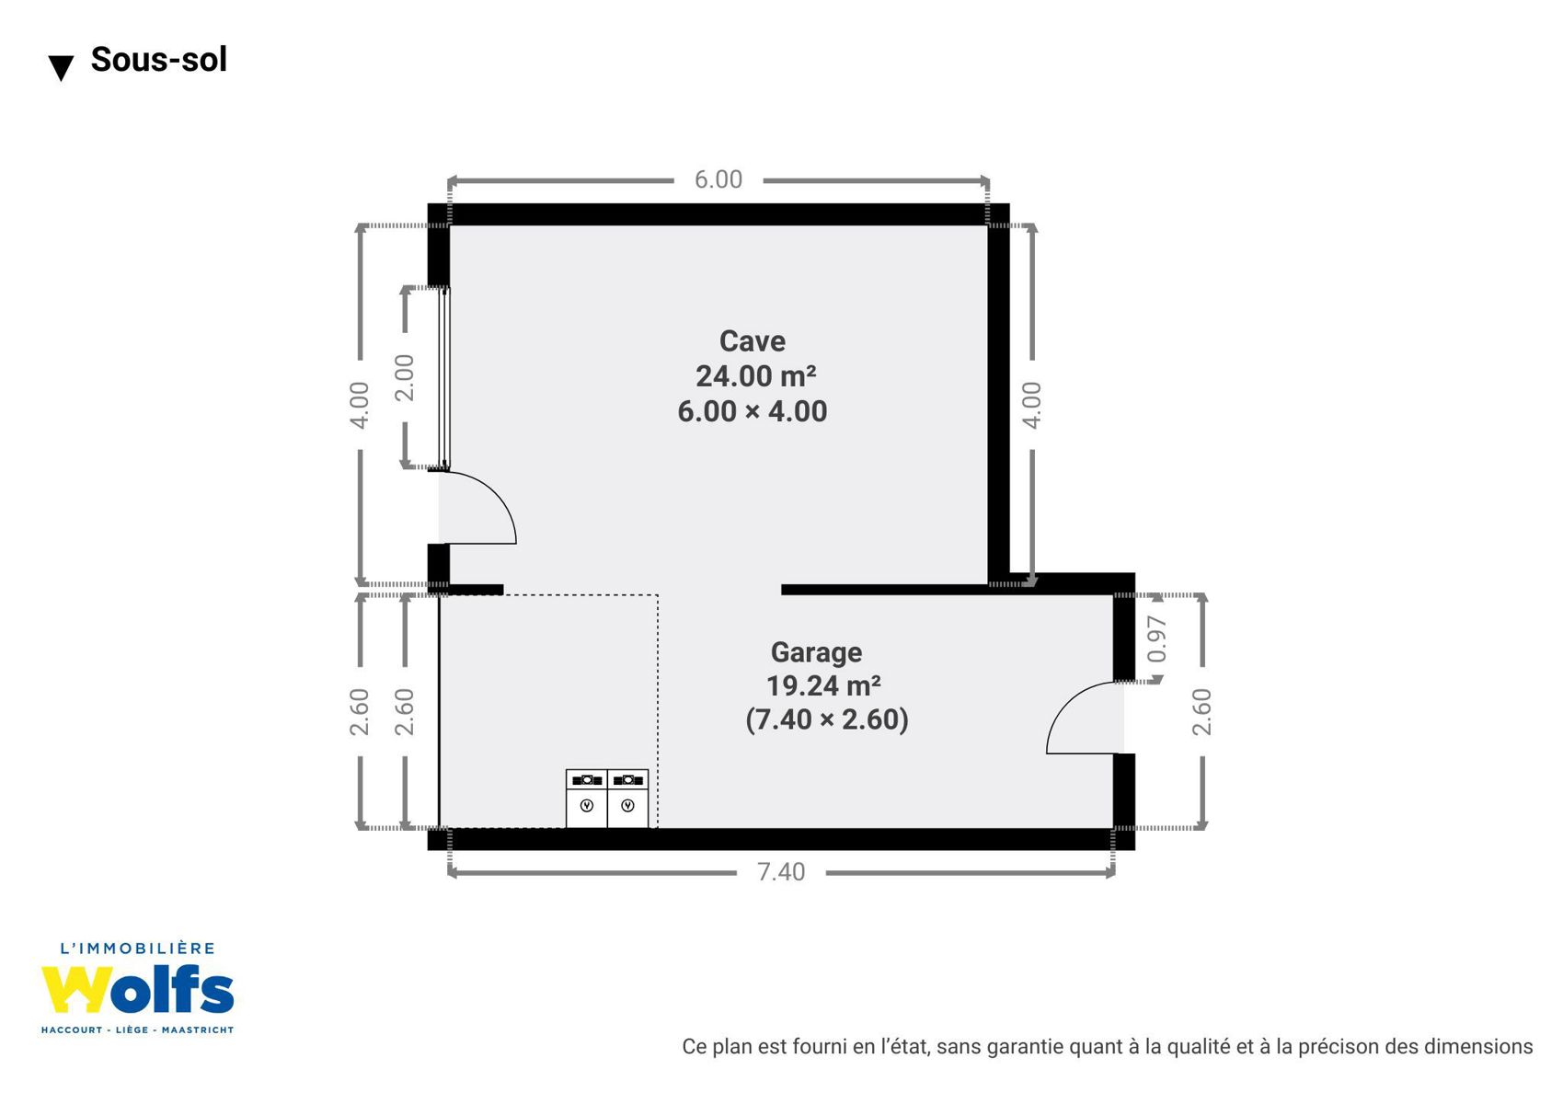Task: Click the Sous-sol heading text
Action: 158,59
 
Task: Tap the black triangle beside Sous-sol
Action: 62,68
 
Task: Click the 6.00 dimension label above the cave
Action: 718,180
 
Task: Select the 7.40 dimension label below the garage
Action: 781,872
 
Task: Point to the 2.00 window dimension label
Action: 405,377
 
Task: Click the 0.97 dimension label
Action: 1156,639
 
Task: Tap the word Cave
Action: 753,341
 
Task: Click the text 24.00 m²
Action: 755,376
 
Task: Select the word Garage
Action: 816,652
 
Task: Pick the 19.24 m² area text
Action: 823,686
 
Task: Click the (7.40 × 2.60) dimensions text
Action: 827,719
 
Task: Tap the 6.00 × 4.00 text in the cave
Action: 753,411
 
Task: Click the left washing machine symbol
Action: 586,799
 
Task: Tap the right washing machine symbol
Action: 628,799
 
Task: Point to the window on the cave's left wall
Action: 444,377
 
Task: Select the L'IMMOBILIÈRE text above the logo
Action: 137,949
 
